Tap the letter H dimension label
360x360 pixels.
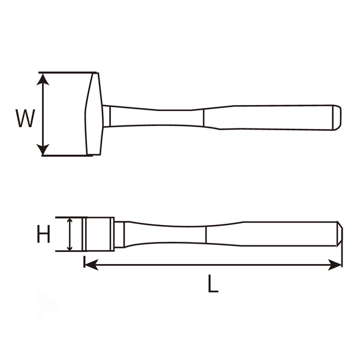[x=43, y=235]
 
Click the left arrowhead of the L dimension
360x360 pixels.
[x=90, y=264]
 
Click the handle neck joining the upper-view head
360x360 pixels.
[x=108, y=116]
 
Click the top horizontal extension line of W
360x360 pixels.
[x=66, y=73]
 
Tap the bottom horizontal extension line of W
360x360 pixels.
[x=66, y=156]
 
